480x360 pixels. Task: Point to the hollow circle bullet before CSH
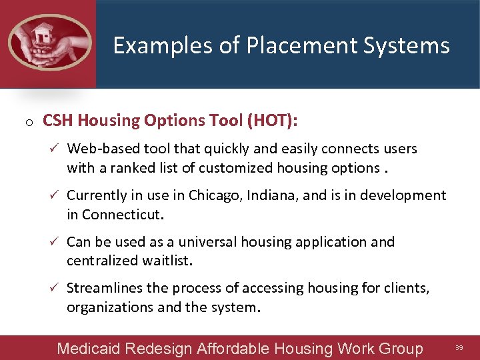[29, 123]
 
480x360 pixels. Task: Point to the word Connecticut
[123, 215]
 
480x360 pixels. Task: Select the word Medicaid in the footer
[87, 348]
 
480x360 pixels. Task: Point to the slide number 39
[459, 347]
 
